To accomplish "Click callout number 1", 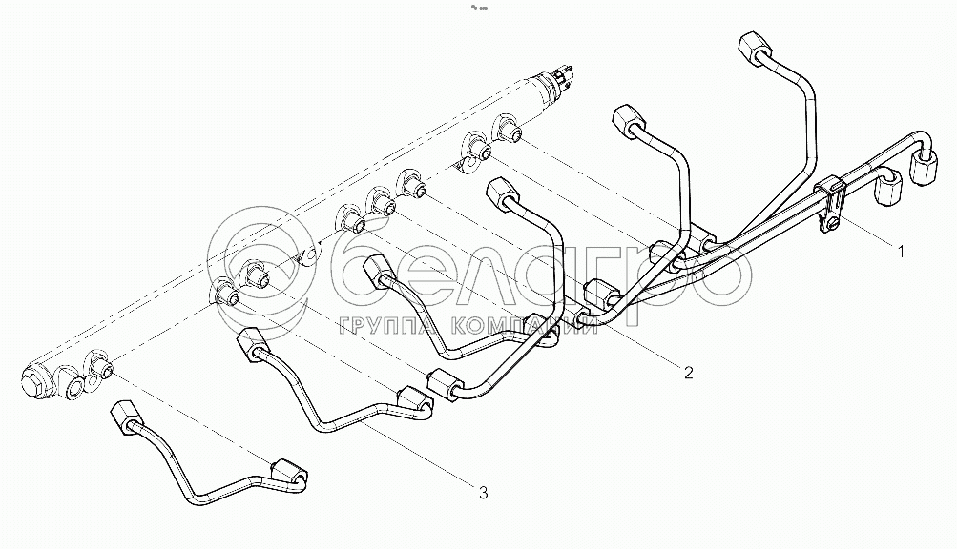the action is pos(901,251).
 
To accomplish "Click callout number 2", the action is pos(689,373).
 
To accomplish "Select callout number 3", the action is pos(483,493).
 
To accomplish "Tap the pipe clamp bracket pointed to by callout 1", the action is pos(831,202).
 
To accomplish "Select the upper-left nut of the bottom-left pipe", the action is pos(124,419).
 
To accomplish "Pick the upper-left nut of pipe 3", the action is pos(251,343).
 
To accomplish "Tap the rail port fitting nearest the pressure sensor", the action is pos(508,128).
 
